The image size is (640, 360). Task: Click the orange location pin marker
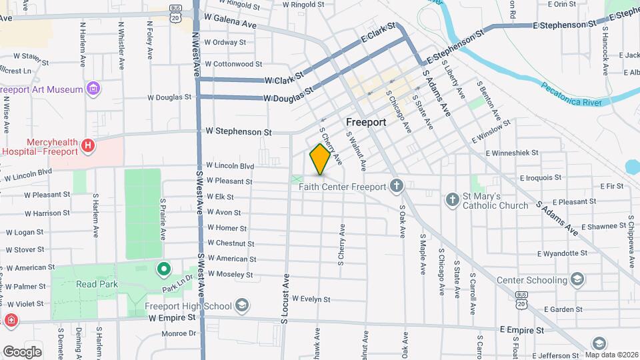pos(320,159)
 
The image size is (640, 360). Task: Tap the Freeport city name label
pos(366,123)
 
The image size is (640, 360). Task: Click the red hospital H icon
pos(87,145)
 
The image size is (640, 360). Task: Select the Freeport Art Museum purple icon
pos(93,89)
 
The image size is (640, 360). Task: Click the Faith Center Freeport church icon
pos(397,186)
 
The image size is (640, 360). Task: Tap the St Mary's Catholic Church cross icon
pos(452,199)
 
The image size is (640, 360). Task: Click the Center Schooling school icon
pos(578,279)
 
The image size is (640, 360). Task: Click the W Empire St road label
pos(173,317)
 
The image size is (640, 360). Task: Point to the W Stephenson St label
pos(239,132)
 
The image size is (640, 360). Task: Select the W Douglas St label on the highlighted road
pos(288,98)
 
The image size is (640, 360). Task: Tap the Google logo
pos(22,351)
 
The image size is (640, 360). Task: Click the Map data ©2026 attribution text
pos(611,355)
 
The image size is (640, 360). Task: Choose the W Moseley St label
pos(230,274)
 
